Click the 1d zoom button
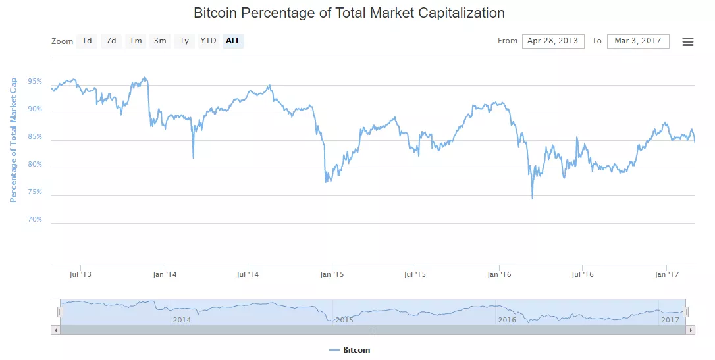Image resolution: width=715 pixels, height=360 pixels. coord(87,41)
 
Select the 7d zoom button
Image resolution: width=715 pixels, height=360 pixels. coord(111,41)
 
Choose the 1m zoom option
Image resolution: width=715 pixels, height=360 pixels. coord(136,41)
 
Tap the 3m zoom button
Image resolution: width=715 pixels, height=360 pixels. coord(160,41)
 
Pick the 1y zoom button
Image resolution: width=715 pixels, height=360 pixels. coord(184,41)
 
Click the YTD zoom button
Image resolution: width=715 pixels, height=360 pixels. coord(208,41)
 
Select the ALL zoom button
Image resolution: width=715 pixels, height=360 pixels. coord(233,41)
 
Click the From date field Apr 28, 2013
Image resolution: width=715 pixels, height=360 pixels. coord(553,41)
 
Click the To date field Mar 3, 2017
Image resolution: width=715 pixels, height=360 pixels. coord(638,41)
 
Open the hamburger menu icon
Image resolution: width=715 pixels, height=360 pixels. coord(688,41)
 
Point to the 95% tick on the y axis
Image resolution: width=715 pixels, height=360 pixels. coord(35,82)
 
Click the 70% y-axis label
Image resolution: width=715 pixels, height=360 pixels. coord(35,220)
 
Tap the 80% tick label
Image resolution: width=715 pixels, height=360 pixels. coord(35,165)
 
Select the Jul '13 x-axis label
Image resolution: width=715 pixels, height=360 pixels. coord(80,274)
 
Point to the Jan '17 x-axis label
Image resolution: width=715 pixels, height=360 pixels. coord(668,274)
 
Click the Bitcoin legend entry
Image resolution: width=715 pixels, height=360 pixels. coord(356,350)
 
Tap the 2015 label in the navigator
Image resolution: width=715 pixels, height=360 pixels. coord(344,319)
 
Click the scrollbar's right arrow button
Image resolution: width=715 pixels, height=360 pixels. coord(691,330)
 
